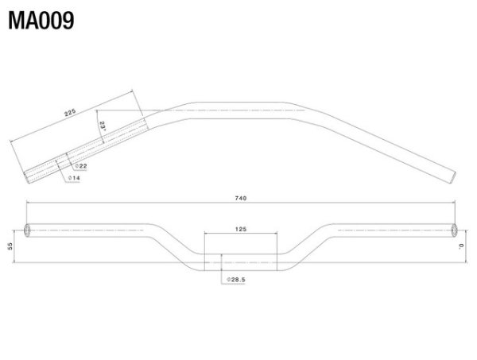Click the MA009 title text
coord(41,21)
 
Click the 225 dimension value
coord(70,113)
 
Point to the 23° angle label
coord(103,126)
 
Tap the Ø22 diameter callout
coord(81,166)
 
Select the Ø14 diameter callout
coord(74,178)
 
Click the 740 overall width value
coord(241,198)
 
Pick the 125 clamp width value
coord(241,229)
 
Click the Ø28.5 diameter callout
coord(236,280)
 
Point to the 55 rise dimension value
coord(10,246)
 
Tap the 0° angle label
coord(461,246)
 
